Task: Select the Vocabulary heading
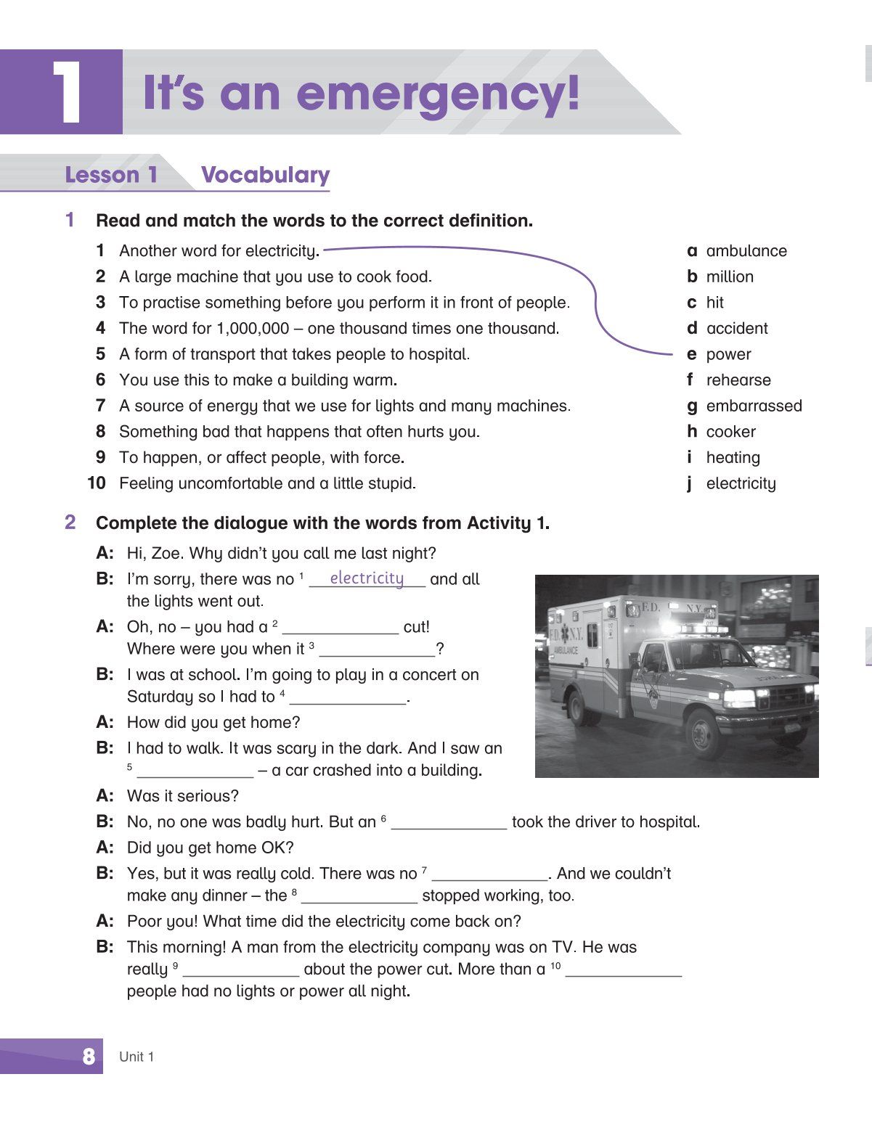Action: click(265, 175)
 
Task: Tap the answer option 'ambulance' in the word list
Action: click(746, 251)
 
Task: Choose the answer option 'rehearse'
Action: click(738, 380)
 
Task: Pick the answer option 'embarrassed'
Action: click(754, 406)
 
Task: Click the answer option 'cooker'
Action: click(730, 432)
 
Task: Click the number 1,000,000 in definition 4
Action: click(253, 329)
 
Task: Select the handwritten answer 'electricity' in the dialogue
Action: click(367, 578)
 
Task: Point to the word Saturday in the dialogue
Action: click(159, 697)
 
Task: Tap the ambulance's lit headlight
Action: click(738, 698)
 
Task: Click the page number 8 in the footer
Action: click(89, 1057)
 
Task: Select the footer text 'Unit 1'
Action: click(136, 1057)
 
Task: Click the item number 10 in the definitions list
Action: click(97, 483)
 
